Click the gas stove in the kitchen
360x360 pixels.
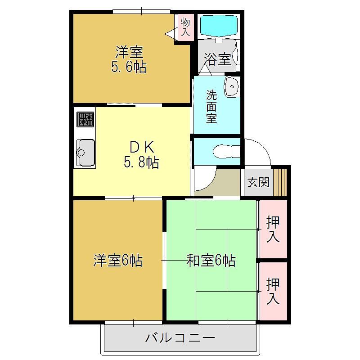point(85,119)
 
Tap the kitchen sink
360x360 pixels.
point(85,153)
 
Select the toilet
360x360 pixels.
point(227,152)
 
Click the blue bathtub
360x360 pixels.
point(219,26)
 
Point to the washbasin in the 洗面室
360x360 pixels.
point(232,86)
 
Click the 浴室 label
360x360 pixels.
point(217,59)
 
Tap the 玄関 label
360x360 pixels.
point(258,182)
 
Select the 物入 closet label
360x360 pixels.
point(185,27)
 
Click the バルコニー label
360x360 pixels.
point(180,338)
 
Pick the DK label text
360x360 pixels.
point(142,147)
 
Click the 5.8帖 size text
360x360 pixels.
point(141,162)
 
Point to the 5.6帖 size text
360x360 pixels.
point(129,67)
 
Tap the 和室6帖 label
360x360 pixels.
point(211,261)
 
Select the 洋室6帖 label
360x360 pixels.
point(118,261)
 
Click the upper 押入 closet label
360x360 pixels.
point(273,229)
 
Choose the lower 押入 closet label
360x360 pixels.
point(273,291)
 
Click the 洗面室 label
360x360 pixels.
point(211,107)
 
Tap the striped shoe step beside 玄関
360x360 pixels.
point(280,183)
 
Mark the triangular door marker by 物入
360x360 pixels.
point(170,34)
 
